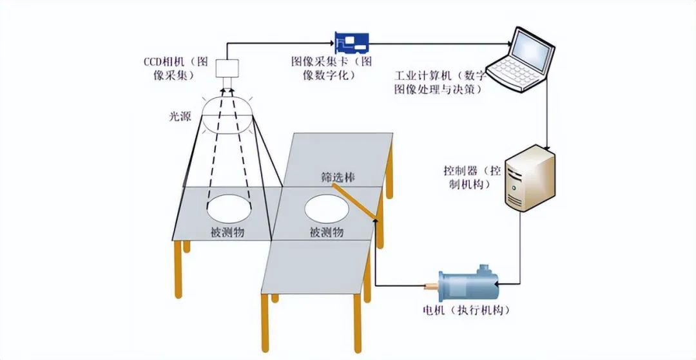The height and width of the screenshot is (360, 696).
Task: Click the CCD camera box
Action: click(227, 68)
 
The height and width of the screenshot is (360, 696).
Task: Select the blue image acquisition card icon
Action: click(351, 43)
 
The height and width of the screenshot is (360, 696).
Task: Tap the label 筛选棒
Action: click(335, 176)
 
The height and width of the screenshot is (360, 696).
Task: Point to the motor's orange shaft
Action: click(430, 283)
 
